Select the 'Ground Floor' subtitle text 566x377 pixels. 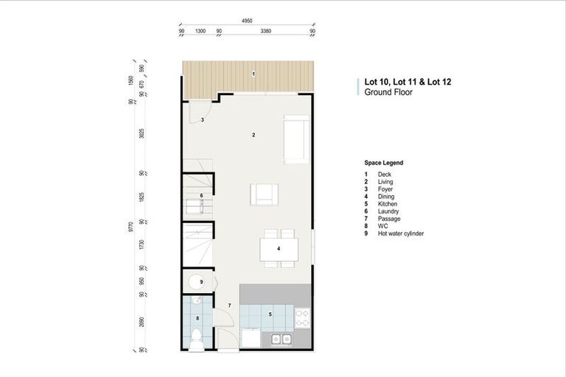pyautogui.click(x=388, y=94)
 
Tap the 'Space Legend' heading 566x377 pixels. pyautogui.click(x=383, y=163)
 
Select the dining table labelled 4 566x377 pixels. pyautogui.click(x=279, y=249)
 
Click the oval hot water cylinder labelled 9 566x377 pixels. pyautogui.click(x=197, y=282)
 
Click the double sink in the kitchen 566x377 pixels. pyautogui.click(x=279, y=339)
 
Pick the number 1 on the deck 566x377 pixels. pyautogui.click(x=253, y=74)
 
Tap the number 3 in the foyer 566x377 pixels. pyautogui.click(x=202, y=119)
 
